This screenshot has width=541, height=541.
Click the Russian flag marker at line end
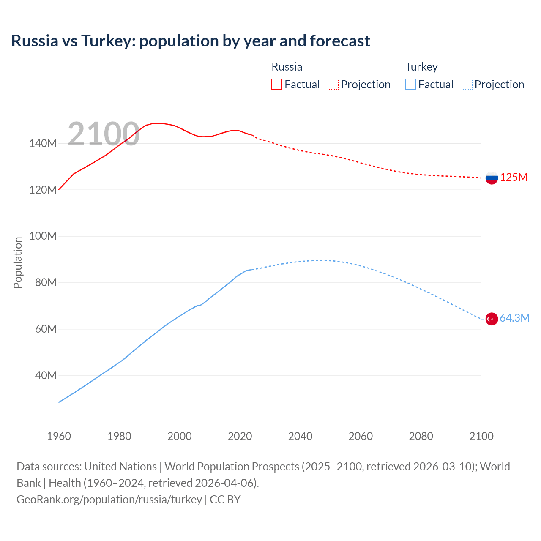coord(492,178)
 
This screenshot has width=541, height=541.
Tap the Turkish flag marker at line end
coord(492,319)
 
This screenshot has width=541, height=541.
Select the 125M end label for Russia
coord(514,178)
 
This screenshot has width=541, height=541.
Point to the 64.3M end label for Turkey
coord(514,318)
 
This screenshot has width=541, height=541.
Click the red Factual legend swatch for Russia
coord(276,84)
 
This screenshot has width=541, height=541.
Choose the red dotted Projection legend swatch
coord(333,84)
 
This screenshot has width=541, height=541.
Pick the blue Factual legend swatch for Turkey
coord(410,84)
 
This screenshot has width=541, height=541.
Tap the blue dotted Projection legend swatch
coord(467,84)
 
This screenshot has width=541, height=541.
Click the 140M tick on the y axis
coord(43,144)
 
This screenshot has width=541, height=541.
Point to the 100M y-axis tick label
coord(43,236)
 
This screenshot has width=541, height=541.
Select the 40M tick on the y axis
coord(46,376)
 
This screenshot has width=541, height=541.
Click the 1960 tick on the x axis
coord(59,436)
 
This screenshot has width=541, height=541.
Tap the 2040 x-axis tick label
coord(300,436)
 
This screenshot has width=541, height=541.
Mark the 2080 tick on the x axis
coord(421,436)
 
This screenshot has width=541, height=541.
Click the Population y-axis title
coord(18,262)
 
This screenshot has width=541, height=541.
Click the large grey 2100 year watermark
coord(104,134)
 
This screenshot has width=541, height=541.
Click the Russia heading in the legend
coord(287,67)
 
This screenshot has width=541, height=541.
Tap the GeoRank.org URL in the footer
coord(109,500)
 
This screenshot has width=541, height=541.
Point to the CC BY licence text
coord(225,500)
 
